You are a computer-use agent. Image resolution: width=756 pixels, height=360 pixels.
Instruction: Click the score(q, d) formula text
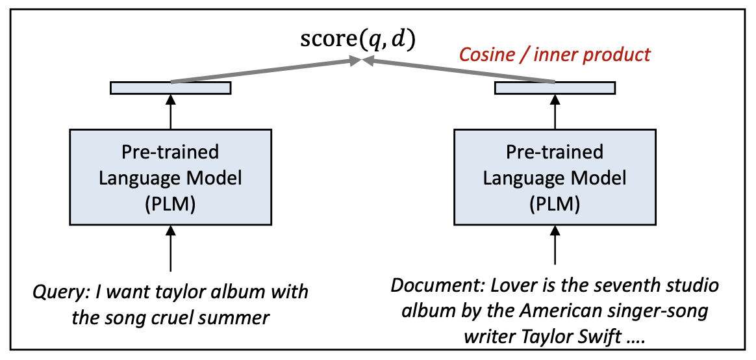pyautogui.click(x=357, y=40)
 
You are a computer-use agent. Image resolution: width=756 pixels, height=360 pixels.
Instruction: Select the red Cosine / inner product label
pyautogui.click(x=555, y=55)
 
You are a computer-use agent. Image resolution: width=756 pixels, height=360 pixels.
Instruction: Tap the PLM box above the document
pyautogui.click(x=554, y=177)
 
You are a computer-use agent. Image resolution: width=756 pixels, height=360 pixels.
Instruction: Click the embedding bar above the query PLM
pyautogui.click(x=170, y=88)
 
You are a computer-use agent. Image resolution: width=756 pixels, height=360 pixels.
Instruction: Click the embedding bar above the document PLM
pyautogui.click(x=555, y=88)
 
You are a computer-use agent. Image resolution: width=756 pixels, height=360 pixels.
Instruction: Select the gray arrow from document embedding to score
pyautogui.click(x=458, y=71)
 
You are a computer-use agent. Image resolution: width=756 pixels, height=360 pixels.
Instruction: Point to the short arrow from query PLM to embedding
pyautogui.click(x=170, y=112)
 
